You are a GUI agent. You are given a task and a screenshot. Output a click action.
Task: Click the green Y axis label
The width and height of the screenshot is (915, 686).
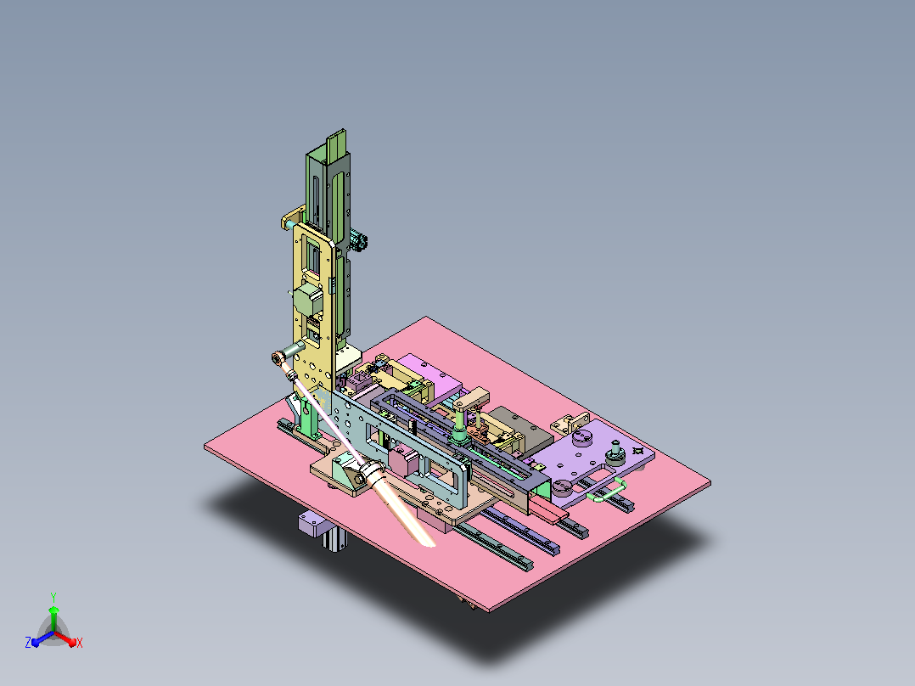coord(53,597)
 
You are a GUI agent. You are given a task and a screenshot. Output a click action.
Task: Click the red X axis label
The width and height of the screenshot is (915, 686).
coord(80,643)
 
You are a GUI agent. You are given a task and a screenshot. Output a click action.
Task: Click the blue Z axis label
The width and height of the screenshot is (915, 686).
coord(28,642)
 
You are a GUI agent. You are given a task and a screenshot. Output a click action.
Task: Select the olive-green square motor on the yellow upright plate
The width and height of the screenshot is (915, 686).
coord(307,300)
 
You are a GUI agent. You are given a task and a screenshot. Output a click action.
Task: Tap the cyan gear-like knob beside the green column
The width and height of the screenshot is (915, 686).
coord(358,240)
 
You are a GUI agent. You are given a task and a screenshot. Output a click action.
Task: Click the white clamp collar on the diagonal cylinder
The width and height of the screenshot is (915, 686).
coord(371,470)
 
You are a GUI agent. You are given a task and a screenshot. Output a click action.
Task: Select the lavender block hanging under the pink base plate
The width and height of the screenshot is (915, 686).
coord(312,522)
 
